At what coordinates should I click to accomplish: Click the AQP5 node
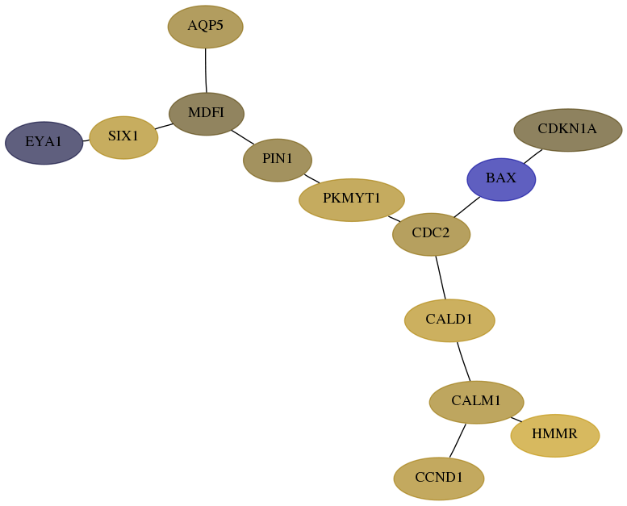[x=206, y=27]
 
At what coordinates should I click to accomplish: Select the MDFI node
[x=207, y=114]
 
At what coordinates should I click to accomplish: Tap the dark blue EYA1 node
[x=44, y=143]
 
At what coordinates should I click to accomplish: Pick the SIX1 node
[x=124, y=138]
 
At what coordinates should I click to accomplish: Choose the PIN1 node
[x=278, y=160]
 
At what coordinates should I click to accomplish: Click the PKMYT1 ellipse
[x=352, y=199]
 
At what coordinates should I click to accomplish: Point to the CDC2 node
[x=432, y=234]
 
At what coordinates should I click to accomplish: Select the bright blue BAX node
[x=501, y=180]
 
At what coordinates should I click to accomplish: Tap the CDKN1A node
[x=568, y=130]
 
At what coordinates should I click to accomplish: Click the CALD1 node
[x=449, y=320]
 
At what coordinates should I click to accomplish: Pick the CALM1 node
[x=477, y=402]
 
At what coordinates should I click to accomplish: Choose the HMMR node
[x=555, y=435]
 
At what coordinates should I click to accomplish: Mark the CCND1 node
[x=439, y=479]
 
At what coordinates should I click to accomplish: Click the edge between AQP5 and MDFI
[x=206, y=70]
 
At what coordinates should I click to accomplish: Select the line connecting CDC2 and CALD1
[x=441, y=277]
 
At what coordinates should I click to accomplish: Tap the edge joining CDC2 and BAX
[x=467, y=207]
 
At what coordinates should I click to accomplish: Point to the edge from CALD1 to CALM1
[x=463, y=362]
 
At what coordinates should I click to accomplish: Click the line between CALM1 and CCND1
[x=458, y=441]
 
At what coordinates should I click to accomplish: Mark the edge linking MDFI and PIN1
[x=243, y=137]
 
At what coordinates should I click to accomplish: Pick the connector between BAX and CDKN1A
[x=533, y=157]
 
